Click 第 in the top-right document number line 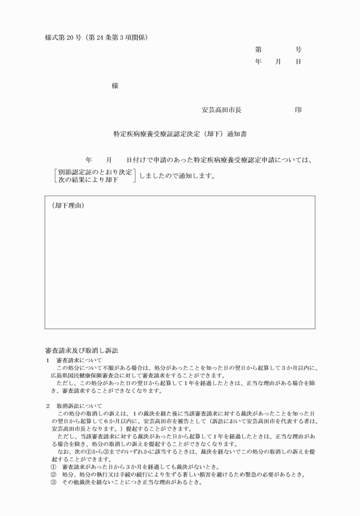click(x=258, y=50)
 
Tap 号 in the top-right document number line click(x=298, y=50)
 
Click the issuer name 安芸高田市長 click(x=222, y=109)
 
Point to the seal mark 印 click(x=298, y=109)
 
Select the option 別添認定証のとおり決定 click(x=95, y=171)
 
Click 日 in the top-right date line click(x=298, y=62)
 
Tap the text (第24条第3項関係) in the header click(x=118, y=38)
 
